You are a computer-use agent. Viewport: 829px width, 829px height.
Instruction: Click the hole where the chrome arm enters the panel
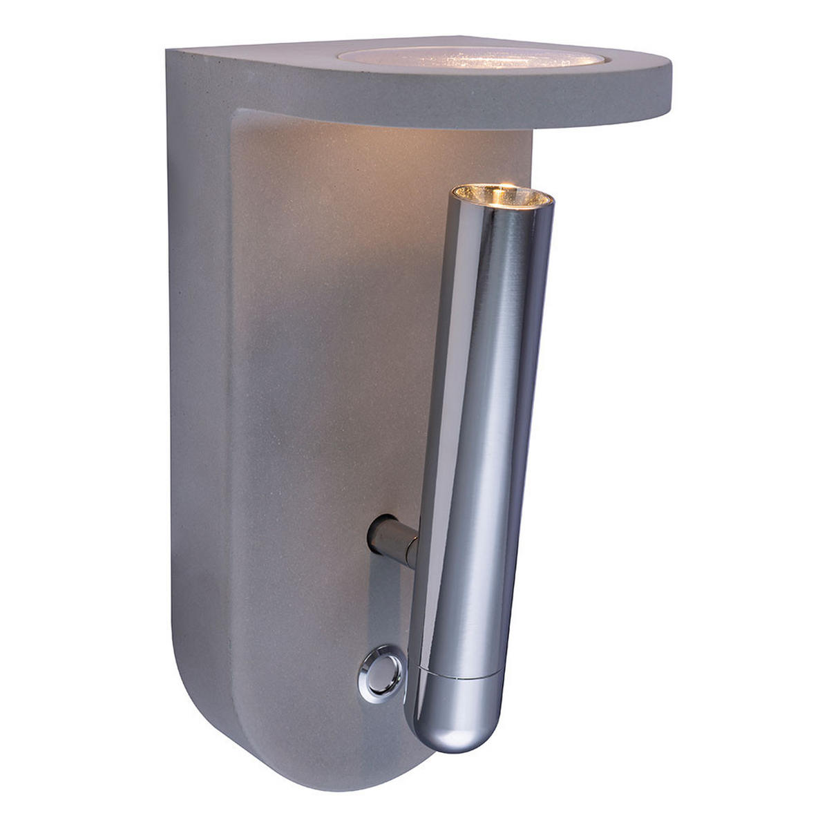(373, 536)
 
